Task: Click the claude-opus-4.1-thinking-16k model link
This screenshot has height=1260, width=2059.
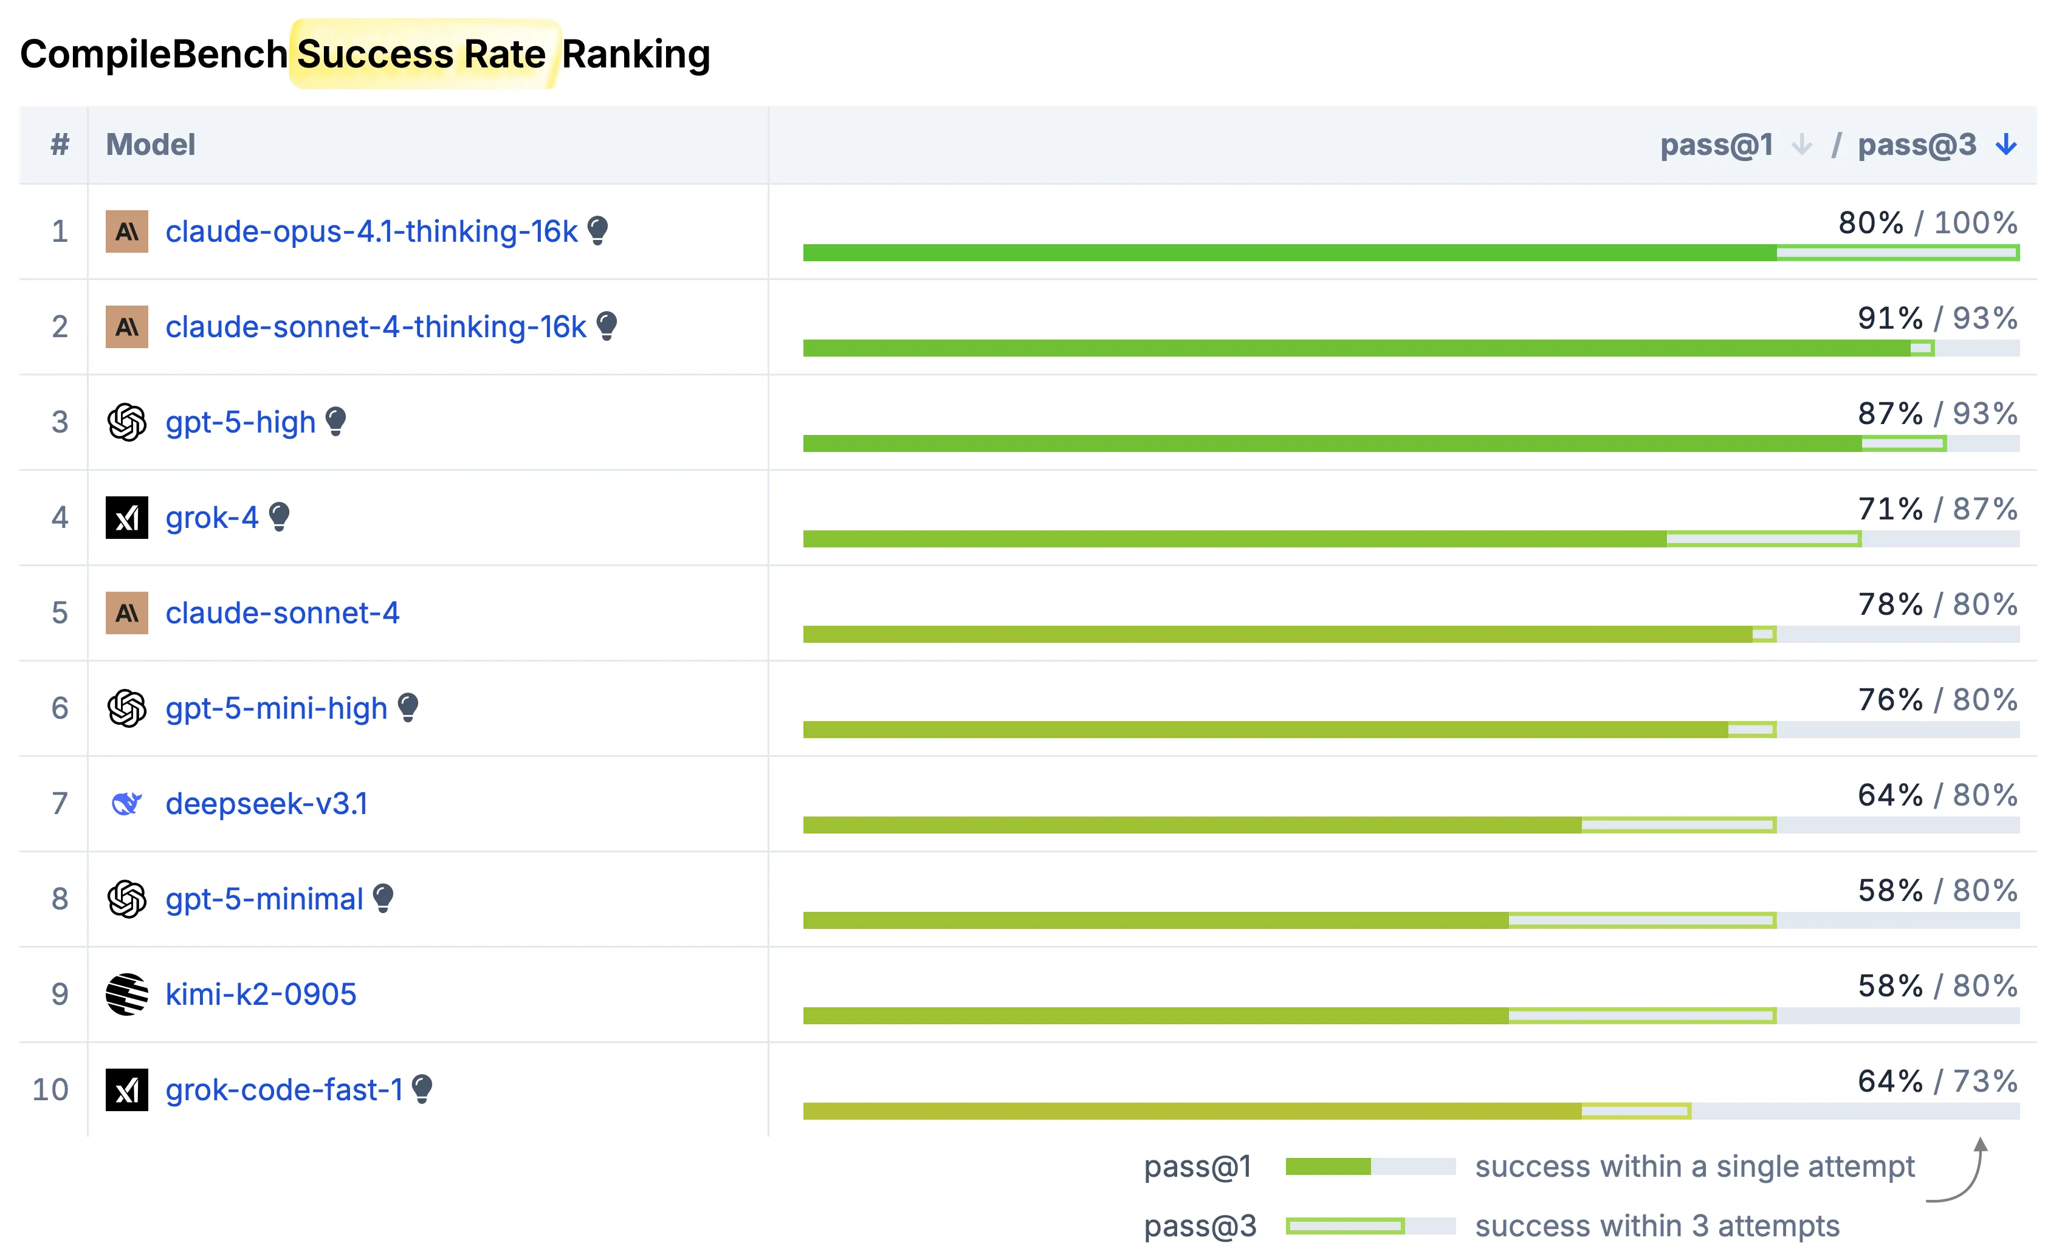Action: coord(371,231)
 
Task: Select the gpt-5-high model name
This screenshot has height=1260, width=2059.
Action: coord(240,422)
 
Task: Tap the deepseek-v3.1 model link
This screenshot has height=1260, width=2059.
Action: coord(267,804)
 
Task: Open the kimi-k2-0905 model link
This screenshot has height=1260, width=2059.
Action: coord(261,995)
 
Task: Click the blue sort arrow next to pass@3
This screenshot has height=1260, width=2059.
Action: coord(2006,145)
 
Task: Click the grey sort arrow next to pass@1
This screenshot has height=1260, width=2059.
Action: coord(1801,145)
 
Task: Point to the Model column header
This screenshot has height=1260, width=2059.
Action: coord(151,145)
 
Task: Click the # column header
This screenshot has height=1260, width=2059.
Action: coord(60,145)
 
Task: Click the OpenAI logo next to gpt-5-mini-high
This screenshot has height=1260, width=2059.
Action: coord(127,708)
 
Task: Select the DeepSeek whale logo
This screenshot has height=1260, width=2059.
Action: coord(127,804)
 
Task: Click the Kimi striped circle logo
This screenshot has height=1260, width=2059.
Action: coord(127,995)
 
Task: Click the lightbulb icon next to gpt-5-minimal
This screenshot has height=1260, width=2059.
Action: coord(383,898)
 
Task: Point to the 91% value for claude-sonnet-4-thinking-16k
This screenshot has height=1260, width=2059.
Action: coord(1889,318)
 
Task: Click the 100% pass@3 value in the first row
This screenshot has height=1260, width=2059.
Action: coord(1975,223)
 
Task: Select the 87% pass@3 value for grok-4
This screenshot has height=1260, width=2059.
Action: coord(1985,509)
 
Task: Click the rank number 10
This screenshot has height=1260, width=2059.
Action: coord(50,1089)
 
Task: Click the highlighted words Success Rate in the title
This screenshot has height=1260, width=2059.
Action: coord(422,54)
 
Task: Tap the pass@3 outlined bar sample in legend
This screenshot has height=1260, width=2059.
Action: coord(1346,1226)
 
